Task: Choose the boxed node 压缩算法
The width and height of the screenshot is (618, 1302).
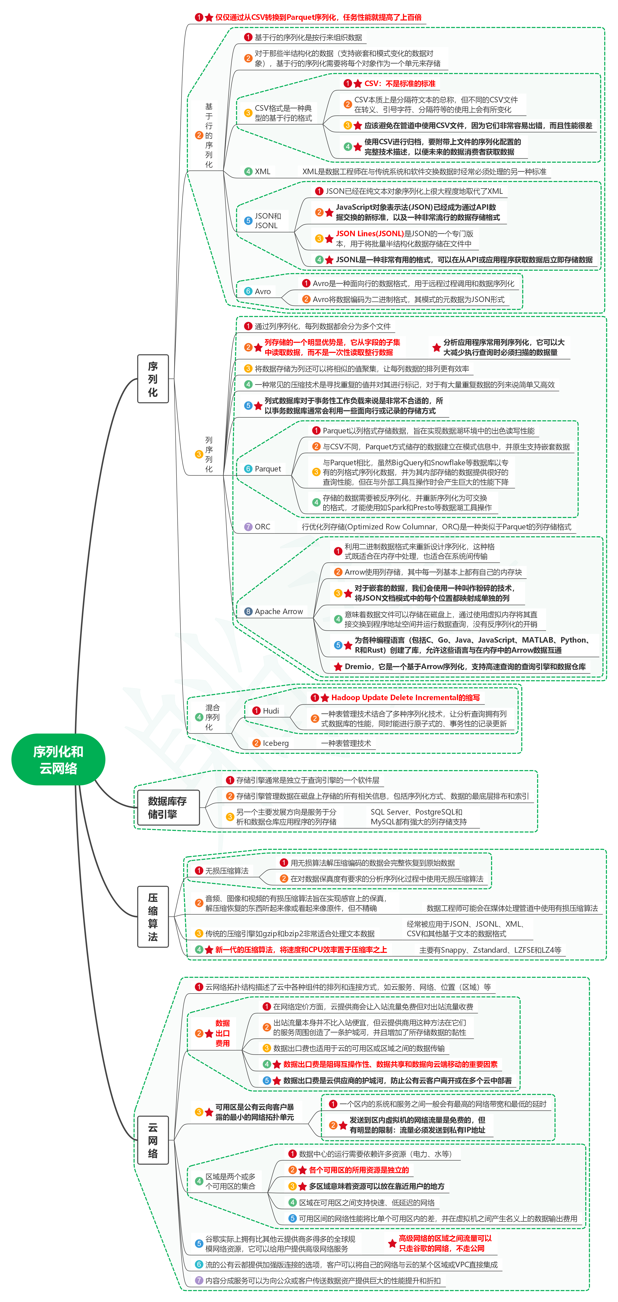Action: (153, 916)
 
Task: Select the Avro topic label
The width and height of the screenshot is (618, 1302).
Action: (263, 292)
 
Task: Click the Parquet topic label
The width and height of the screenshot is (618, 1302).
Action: (268, 469)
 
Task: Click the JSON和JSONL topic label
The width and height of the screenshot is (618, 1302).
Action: (268, 221)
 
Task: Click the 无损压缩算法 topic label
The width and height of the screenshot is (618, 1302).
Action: (227, 871)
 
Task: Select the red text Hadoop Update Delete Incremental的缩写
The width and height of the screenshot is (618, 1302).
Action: (405, 697)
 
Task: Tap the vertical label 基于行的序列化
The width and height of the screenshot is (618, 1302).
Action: (209, 135)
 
